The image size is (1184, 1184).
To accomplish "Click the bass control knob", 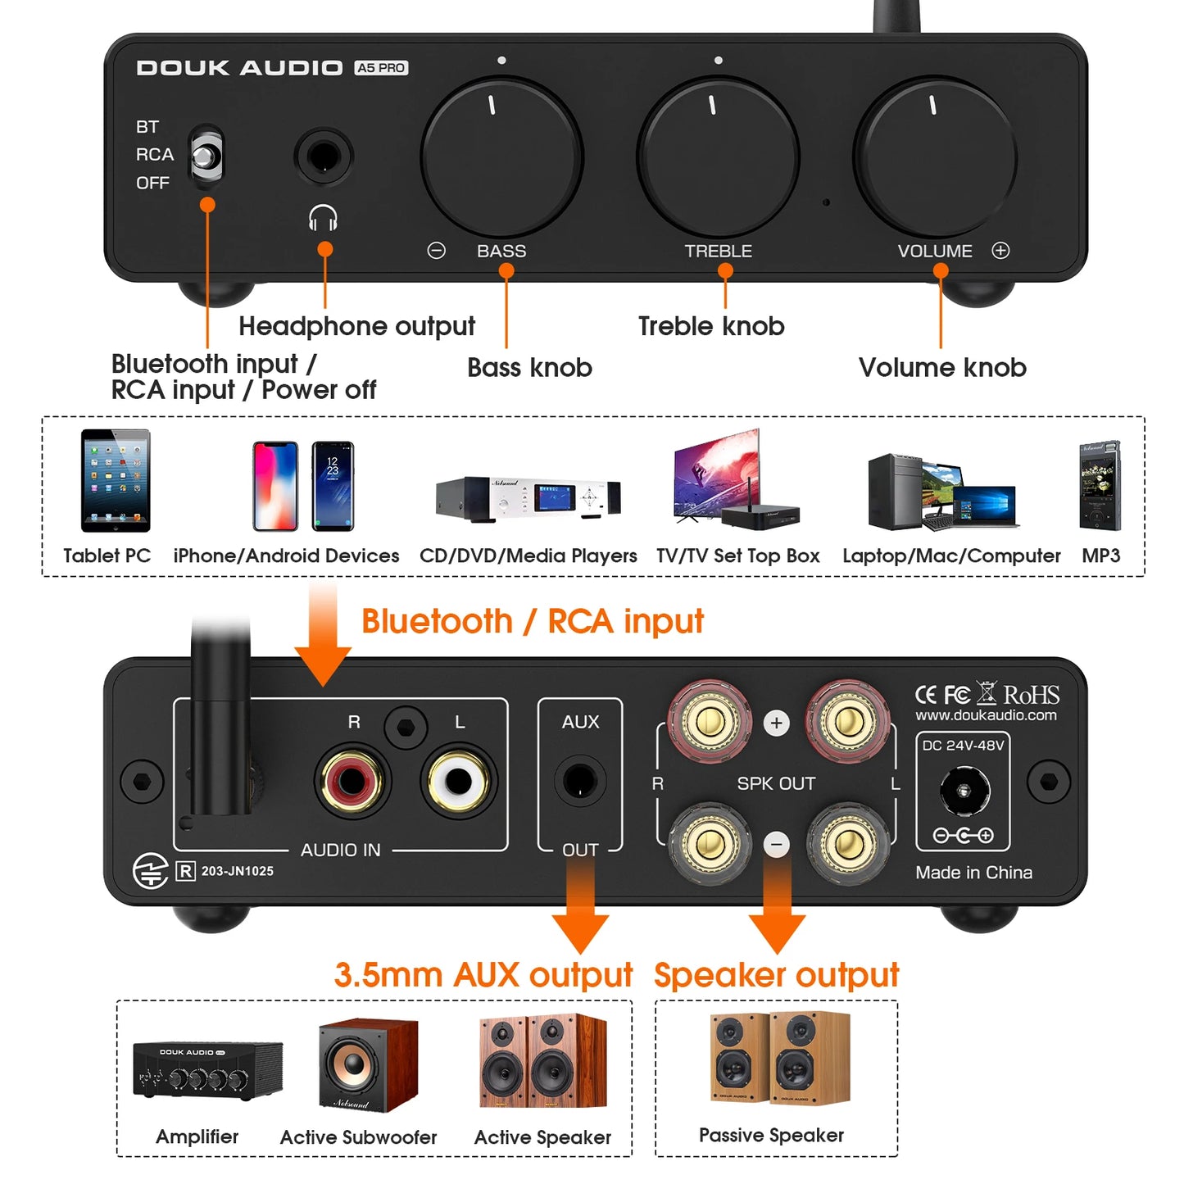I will [501, 157].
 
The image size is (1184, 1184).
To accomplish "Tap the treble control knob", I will [718, 157].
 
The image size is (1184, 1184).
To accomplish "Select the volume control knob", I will [935, 157].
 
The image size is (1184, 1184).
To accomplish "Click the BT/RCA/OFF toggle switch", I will [206, 154].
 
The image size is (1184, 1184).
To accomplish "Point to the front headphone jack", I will [324, 156].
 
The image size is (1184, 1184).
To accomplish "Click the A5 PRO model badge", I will [381, 68].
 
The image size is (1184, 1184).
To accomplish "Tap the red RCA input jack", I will [352, 782].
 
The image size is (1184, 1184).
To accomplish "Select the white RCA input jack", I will [458, 782].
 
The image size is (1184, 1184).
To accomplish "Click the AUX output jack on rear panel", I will [580, 781].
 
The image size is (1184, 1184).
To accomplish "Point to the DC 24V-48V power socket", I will [964, 792].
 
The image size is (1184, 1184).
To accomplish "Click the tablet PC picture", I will [116, 481].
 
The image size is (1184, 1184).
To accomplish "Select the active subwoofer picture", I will [368, 1064].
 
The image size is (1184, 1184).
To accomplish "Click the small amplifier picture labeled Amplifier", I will [207, 1069].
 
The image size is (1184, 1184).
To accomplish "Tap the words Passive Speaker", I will [771, 1135].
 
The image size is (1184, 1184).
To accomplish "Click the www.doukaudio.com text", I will [986, 715].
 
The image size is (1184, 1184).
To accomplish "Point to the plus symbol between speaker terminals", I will [777, 723].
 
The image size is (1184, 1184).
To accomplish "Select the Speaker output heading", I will [776, 975].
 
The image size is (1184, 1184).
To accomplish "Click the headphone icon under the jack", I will [323, 218].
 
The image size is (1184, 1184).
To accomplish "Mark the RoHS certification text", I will [1031, 695].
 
